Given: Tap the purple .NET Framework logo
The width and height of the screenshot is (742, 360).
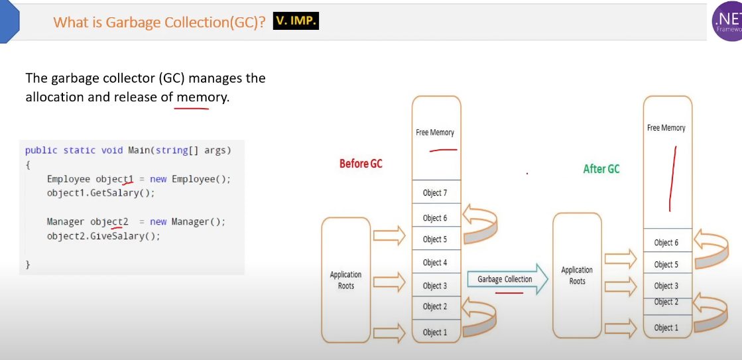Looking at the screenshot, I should point(727,21).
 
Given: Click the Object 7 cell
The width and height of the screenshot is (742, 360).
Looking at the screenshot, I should point(435,193).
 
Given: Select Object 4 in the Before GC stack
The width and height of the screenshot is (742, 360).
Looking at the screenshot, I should point(435,263).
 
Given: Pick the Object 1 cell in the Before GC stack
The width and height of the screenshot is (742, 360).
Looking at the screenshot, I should point(435,332).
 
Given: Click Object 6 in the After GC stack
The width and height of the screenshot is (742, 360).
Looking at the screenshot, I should point(666,243).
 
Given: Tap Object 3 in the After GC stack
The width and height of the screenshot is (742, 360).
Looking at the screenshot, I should point(666,286).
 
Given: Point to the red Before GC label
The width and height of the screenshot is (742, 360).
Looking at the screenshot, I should point(361,164).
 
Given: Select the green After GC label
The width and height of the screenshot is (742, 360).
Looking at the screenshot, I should point(601,169).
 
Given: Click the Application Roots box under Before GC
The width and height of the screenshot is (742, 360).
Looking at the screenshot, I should point(345,280).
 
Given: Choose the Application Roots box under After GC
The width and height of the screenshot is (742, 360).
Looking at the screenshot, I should point(578,275).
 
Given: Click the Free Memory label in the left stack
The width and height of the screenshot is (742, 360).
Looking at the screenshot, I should point(435,133).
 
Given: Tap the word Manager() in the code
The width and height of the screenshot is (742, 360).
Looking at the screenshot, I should point(198,221).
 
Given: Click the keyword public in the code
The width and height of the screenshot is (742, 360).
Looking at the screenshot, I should point(41,150).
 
